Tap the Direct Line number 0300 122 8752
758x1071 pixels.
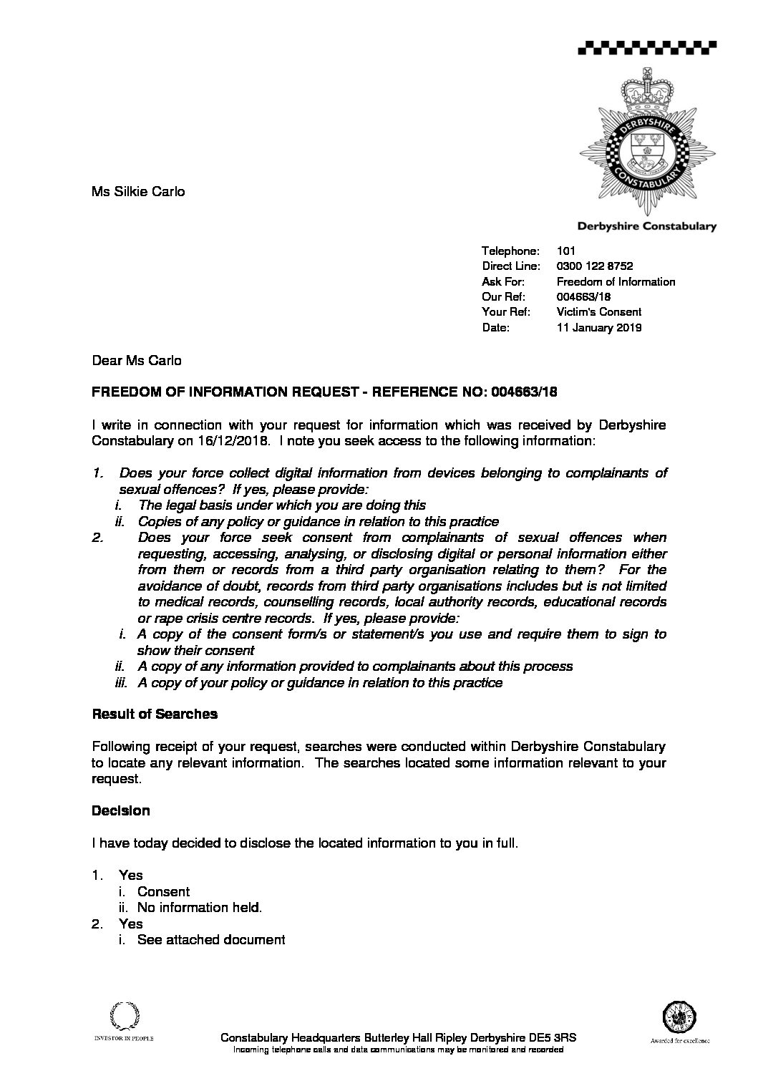tap(594, 266)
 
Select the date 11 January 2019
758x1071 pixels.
tap(598, 328)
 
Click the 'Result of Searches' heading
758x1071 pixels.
tap(155, 714)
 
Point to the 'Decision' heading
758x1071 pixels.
tap(121, 811)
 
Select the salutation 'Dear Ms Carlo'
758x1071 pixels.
tap(137, 361)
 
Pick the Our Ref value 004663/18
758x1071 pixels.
tap(583, 297)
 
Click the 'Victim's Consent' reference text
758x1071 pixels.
tap(598, 312)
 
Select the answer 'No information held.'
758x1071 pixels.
tap(200, 908)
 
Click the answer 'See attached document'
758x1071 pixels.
tap(211, 940)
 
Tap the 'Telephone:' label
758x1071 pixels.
tap(510, 251)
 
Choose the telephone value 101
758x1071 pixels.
tap(565, 251)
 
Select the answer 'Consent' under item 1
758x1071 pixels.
tap(163, 892)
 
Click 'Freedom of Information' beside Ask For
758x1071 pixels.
tap(616, 282)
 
